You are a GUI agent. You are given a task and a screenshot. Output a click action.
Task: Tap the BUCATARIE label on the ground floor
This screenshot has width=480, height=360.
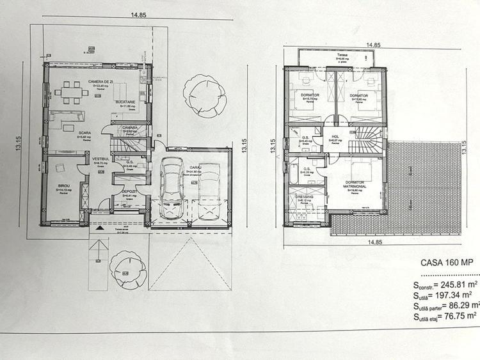[x=125, y=102]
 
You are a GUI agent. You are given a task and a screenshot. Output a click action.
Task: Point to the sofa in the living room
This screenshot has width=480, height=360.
[x=68, y=116]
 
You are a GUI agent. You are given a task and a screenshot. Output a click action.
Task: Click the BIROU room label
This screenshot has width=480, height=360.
[x=63, y=185]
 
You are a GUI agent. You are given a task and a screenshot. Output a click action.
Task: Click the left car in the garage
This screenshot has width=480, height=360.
[x=171, y=187]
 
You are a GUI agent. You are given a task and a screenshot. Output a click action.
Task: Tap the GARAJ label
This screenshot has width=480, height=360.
[x=194, y=168]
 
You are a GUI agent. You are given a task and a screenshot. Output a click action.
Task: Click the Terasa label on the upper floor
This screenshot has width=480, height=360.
[x=343, y=56]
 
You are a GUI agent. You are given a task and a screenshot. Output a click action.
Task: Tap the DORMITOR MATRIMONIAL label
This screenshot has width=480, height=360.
[x=355, y=185]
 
